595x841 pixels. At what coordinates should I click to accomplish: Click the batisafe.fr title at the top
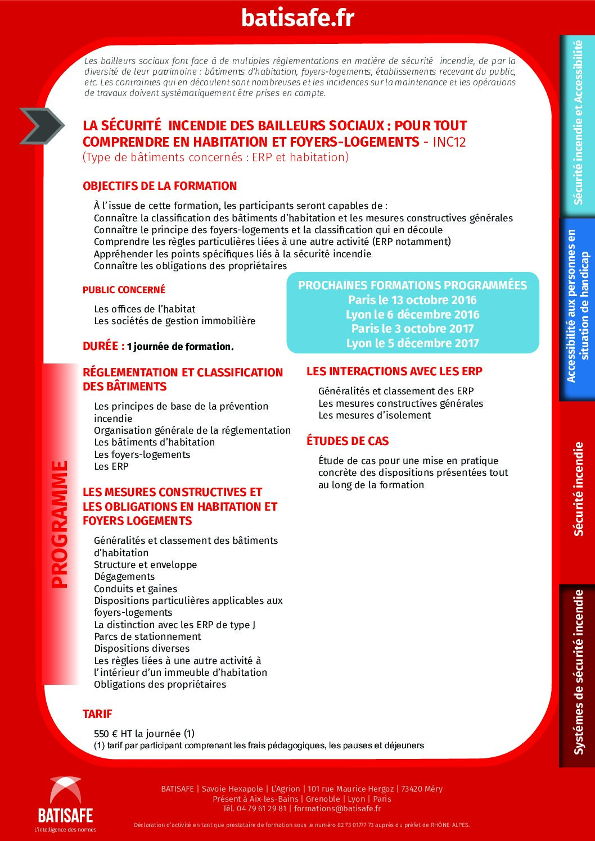297,17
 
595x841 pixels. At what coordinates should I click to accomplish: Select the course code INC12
449,142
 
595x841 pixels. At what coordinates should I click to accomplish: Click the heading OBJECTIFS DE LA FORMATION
160,186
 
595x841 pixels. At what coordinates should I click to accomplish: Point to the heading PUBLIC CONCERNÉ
124,290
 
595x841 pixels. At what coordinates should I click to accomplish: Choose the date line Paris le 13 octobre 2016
412,300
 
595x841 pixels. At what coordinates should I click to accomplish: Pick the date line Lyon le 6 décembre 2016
412,315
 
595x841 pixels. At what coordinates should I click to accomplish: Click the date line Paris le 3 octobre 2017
412,329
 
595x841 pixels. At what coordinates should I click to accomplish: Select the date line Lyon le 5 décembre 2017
412,343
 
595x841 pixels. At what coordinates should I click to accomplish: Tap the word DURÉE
101,346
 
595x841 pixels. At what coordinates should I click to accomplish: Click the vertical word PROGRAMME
60,524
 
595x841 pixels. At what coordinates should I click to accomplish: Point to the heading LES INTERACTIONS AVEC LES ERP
394,371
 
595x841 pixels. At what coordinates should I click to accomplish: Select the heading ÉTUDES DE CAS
348,441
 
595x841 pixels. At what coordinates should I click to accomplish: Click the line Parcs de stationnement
147,637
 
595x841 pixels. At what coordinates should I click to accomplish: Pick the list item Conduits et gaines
136,589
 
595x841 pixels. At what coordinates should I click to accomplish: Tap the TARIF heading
97,714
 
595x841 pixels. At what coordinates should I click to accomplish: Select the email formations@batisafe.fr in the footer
337,808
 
